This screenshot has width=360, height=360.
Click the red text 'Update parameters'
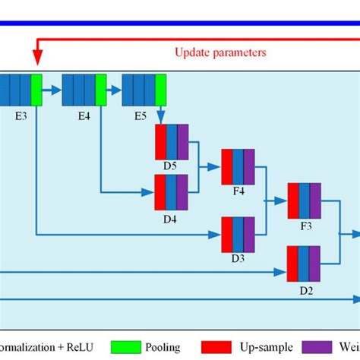pyautogui.click(x=219, y=52)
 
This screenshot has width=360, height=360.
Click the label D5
pyautogui.click(x=171, y=166)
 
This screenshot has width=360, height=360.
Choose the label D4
pyautogui.click(x=171, y=218)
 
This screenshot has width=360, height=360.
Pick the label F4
pyautogui.click(x=238, y=191)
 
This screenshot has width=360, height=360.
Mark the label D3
pyautogui.click(x=238, y=258)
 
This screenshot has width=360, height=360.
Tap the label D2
pyautogui.click(x=305, y=289)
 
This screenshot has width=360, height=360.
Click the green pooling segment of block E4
pyautogui.click(x=101, y=89)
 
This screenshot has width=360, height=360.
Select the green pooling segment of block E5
pyautogui.click(x=161, y=89)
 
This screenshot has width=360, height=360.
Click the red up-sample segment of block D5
pyautogui.click(x=160, y=141)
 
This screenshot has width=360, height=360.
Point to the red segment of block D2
pyautogui.click(x=292, y=264)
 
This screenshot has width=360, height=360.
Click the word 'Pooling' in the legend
pyautogui.click(x=163, y=347)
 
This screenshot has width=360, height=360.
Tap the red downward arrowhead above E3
pyautogui.click(x=36, y=59)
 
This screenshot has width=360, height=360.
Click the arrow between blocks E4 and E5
pyautogui.click(x=114, y=89)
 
